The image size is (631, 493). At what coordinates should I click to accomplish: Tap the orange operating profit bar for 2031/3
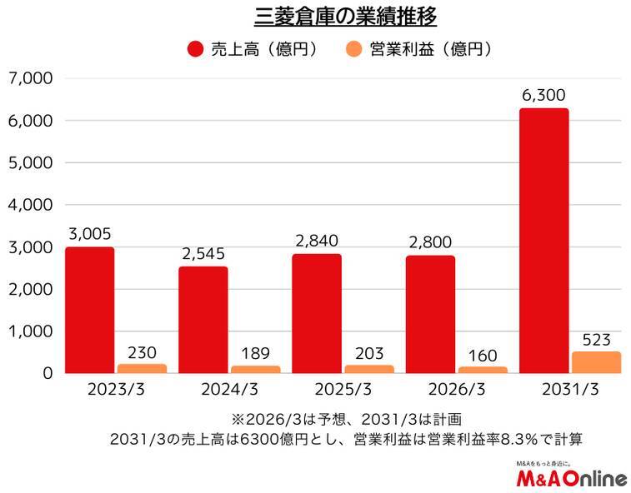597,362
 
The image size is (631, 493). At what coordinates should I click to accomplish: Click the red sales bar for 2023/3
90,310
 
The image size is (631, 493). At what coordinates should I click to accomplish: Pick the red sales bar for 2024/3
203,320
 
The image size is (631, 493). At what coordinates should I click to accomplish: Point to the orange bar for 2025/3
369,369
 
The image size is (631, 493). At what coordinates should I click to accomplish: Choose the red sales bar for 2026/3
430,314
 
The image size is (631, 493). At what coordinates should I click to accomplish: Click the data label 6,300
543,96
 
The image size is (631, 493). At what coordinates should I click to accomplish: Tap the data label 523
597,339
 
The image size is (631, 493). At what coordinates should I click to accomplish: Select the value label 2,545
203,254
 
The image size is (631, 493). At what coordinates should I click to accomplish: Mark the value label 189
256,353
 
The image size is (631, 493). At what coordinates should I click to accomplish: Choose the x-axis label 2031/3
570,390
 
